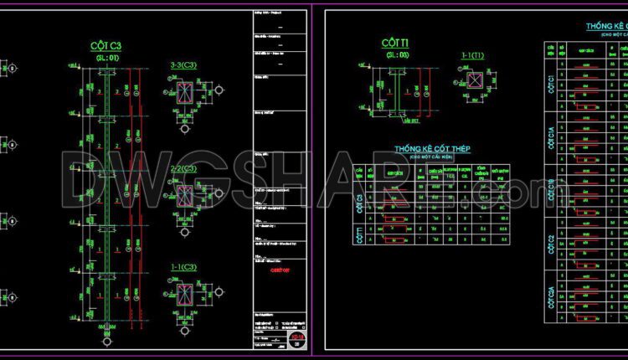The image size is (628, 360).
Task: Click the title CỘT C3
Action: [x=110, y=45]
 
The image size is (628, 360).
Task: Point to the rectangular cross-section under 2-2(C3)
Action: [x=185, y=196]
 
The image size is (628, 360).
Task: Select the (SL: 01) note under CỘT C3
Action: [x=109, y=58]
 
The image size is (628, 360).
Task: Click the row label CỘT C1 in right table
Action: [x=549, y=83]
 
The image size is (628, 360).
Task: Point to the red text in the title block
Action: [x=276, y=270]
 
